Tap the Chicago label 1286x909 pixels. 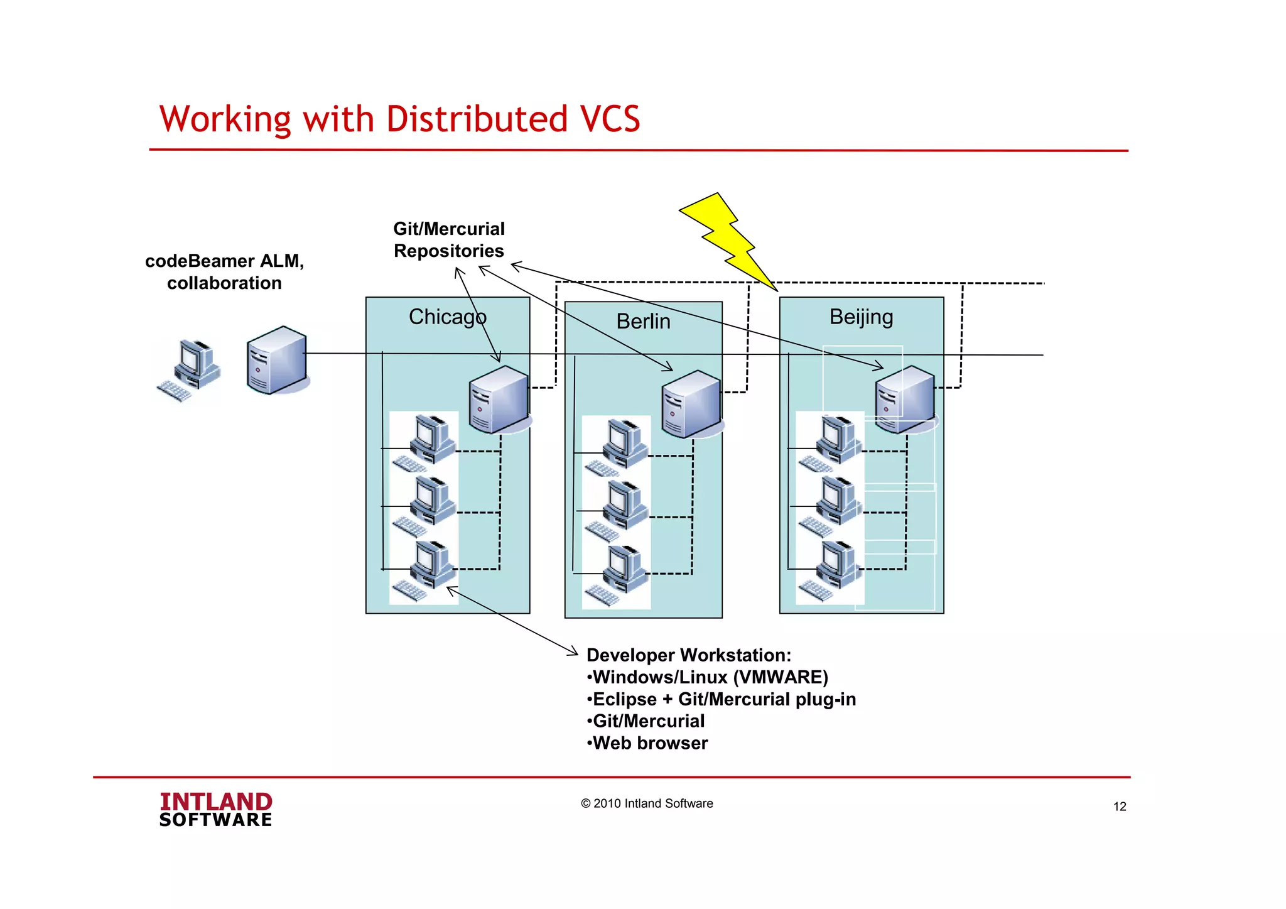pos(447,317)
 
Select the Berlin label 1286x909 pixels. pos(643,321)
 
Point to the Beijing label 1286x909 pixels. pos(861,317)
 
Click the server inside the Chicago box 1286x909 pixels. pos(499,400)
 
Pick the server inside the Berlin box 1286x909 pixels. pos(691,404)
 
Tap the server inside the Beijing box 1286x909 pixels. pos(905,400)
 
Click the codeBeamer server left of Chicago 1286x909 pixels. pos(277,360)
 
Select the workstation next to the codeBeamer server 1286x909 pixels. pos(189,370)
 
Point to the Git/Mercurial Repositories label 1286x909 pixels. pos(449,240)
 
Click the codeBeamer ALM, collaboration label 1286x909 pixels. pos(224,272)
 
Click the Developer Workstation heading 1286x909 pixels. pos(689,655)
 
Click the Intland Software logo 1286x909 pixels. pos(215,809)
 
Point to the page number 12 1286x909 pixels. pos(1120,807)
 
